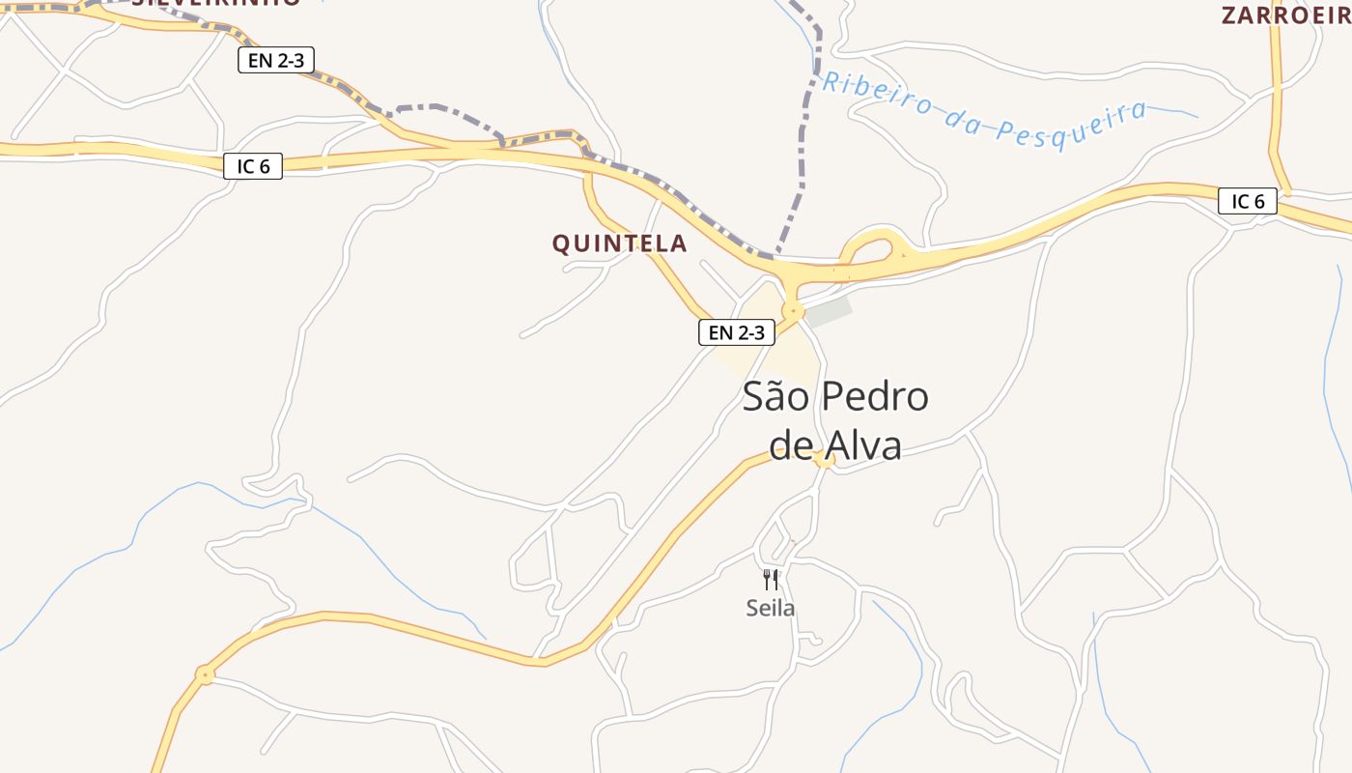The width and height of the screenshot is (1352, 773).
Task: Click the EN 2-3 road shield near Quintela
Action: click(x=736, y=333)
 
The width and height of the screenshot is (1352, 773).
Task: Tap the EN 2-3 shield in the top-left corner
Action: click(x=276, y=60)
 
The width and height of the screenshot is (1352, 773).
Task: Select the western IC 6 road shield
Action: click(x=253, y=166)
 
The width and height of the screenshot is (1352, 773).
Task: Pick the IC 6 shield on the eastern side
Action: click(x=1247, y=201)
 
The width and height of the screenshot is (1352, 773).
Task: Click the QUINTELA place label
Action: click(x=619, y=244)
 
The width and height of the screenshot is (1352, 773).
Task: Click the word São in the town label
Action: click(x=776, y=397)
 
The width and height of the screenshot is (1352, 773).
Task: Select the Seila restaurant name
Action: click(x=770, y=608)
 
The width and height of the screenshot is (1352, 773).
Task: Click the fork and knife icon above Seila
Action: click(x=770, y=580)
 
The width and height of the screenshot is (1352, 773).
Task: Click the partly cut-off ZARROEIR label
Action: click(x=1284, y=15)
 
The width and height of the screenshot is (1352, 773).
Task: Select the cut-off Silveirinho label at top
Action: click(x=216, y=3)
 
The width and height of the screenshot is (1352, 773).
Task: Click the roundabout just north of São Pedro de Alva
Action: click(x=793, y=311)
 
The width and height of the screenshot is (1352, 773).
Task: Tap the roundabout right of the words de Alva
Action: click(x=824, y=460)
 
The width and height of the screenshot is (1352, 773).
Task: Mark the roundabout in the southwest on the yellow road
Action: click(x=204, y=673)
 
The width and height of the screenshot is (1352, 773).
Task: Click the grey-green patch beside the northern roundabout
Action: click(x=830, y=311)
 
